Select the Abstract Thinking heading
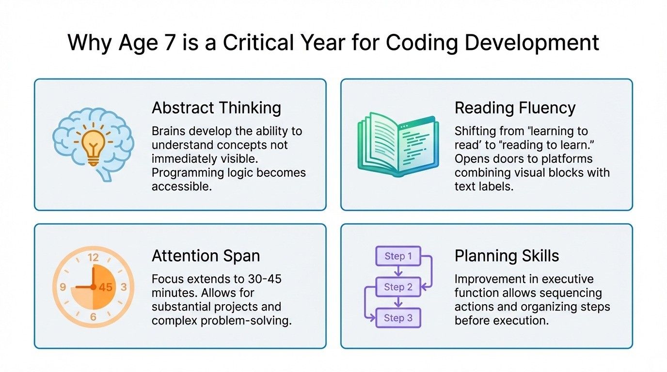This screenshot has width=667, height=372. [216, 108]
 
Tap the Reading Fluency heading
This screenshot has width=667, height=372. [515, 108]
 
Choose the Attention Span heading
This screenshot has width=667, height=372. [206, 255]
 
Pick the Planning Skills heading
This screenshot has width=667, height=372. [507, 255]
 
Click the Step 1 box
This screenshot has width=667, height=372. [398, 256]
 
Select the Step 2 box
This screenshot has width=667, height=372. [398, 287]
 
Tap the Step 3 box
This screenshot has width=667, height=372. [398, 318]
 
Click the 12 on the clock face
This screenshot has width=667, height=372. [93, 257]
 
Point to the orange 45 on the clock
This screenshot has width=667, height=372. [105, 287]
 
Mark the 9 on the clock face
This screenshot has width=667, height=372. [63, 287]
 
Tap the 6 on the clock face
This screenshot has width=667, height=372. [93, 317]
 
